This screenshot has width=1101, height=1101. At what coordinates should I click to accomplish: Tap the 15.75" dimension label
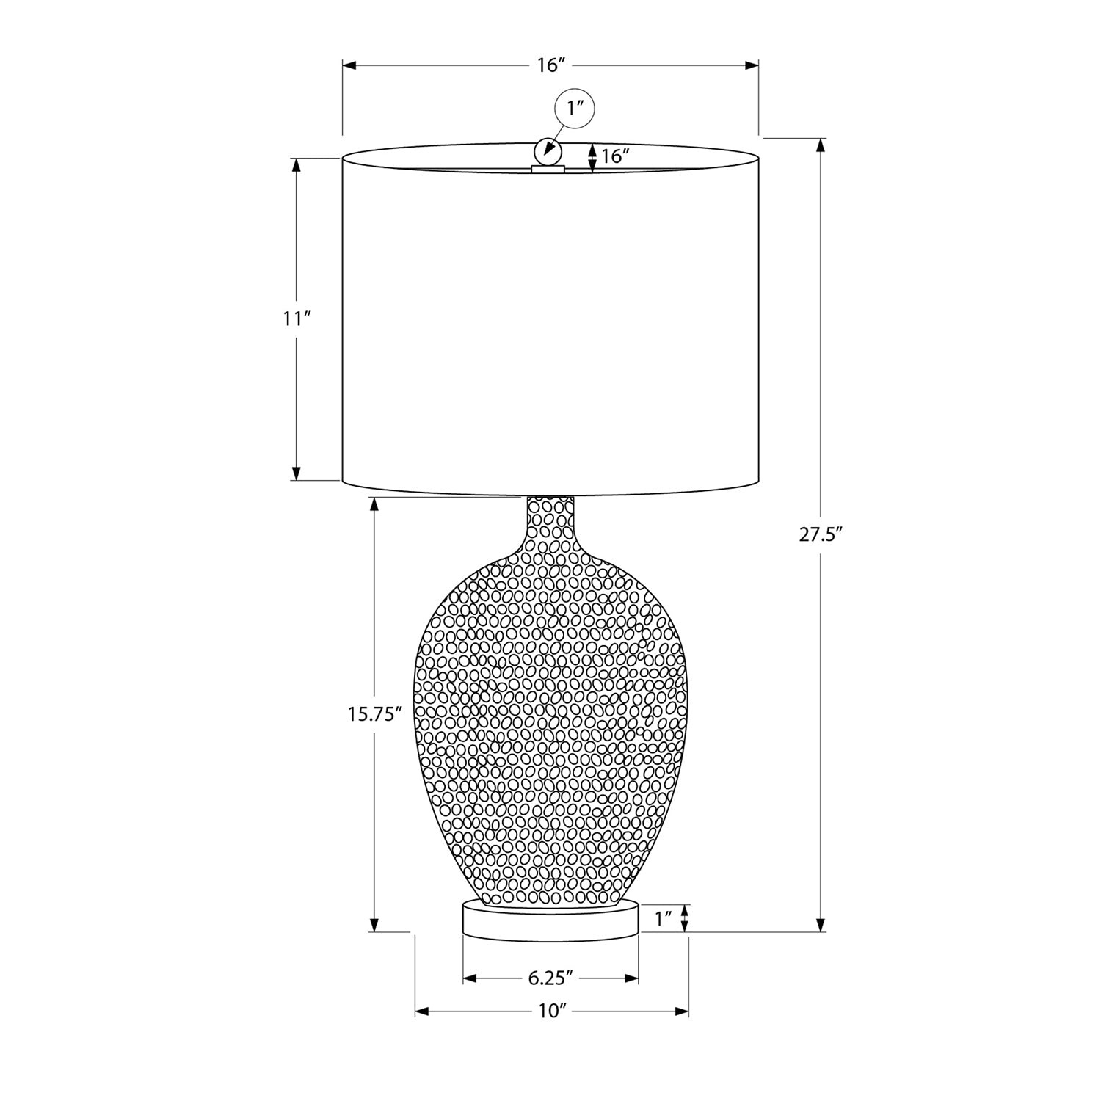[375, 714]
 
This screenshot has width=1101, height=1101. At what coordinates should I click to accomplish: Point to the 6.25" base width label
[550, 978]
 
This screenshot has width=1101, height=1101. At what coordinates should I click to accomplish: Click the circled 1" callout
[574, 109]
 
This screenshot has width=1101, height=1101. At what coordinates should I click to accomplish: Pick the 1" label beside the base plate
[664, 918]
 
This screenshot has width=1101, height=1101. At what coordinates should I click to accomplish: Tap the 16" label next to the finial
[616, 156]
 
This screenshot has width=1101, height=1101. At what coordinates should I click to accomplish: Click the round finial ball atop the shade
[548, 151]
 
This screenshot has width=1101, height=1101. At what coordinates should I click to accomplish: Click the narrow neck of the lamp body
[550, 517]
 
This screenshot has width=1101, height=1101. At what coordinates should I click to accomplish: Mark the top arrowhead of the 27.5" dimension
[821, 145]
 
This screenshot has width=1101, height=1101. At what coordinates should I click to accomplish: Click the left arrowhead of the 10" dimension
[422, 1011]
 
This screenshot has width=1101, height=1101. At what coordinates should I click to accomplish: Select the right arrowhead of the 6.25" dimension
[631, 978]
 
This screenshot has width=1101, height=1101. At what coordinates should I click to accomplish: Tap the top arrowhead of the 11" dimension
[297, 164]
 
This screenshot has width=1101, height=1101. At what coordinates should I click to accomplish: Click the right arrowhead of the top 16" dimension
[752, 65]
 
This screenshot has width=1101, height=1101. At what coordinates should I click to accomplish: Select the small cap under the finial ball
[548, 170]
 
